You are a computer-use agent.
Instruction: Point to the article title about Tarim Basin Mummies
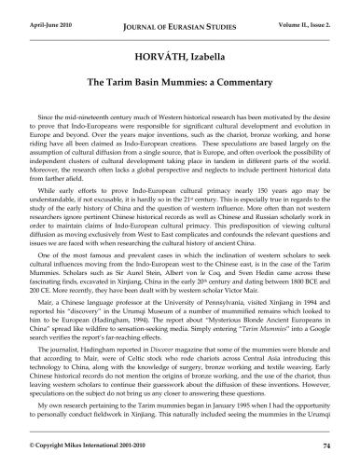(x=179, y=83)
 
